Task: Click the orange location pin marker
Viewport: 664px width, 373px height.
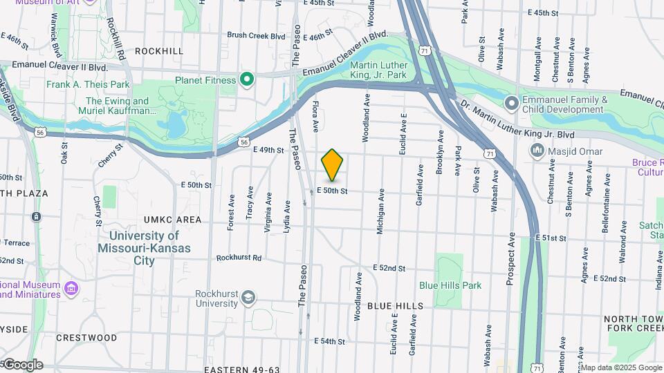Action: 333,164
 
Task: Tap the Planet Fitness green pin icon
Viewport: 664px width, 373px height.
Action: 246,79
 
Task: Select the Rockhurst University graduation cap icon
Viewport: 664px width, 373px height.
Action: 247,298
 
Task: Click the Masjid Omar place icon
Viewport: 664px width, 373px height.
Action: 536,151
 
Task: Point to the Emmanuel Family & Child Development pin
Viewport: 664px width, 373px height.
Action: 511,104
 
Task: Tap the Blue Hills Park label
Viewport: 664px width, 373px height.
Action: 450,285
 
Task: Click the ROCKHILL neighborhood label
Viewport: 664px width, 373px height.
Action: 159,50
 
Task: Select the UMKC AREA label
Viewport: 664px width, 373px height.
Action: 172,220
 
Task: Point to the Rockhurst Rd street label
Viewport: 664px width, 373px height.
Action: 239,258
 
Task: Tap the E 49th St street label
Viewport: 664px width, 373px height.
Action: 268,150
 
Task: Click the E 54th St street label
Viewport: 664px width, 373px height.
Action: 329,341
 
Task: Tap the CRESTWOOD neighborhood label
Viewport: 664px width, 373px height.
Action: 86,338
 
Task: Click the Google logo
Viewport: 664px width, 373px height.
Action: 22,365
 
